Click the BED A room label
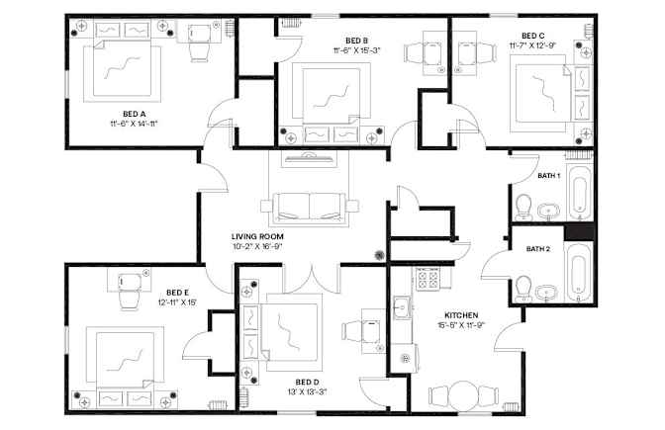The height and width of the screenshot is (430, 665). pyautogui.click(x=134, y=114)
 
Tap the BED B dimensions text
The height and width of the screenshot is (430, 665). pyautogui.click(x=356, y=50)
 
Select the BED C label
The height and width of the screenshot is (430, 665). pyautogui.click(x=533, y=36)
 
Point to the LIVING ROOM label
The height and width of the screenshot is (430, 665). pyautogui.click(x=257, y=236)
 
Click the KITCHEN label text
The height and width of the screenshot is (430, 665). pyautogui.click(x=461, y=315)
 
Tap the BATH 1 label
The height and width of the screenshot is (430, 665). pyautogui.click(x=549, y=175)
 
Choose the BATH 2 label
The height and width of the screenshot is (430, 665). pyautogui.click(x=537, y=249)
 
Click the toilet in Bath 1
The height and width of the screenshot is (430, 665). pyautogui.click(x=523, y=208)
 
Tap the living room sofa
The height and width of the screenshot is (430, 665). pyautogui.click(x=310, y=207)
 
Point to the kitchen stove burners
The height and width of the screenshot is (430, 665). pyautogui.click(x=427, y=279)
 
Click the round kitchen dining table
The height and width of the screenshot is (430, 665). pyautogui.click(x=464, y=396)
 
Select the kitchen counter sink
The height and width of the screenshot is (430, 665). pyautogui.click(x=401, y=307)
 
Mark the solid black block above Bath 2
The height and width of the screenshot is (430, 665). pyautogui.click(x=579, y=233)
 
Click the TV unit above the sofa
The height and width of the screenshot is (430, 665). pyautogui.click(x=309, y=159)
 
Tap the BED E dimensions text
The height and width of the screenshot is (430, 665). pyautogui.click(x=177, y=302)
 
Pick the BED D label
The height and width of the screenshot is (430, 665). pyautogui.click(x=308, y=383)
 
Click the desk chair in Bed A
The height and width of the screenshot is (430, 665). pyautogui.click(x=199, y=51)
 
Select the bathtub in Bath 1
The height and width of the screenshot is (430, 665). pyautogui.click(x=580, y=192)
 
